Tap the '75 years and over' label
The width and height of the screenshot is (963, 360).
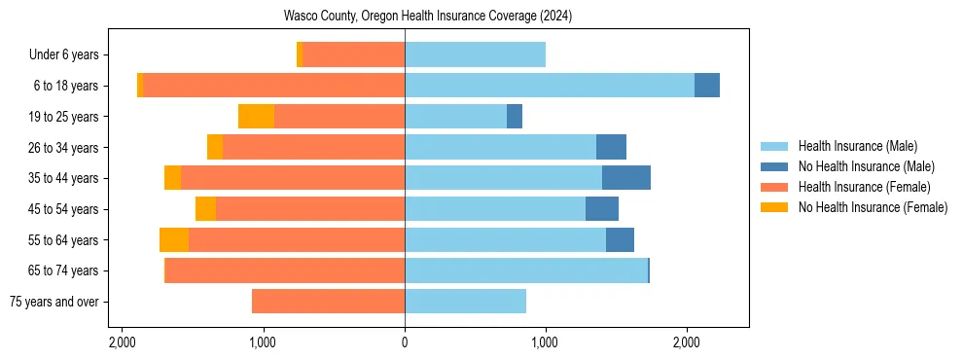tap(53, 302)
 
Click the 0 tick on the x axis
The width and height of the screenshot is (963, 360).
tap(405, 342)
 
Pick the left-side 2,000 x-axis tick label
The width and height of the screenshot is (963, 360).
tap(123, 342)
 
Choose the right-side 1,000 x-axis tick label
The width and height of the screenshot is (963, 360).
tap(545, 342)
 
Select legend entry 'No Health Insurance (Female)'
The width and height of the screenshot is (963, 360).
tap(873, 207)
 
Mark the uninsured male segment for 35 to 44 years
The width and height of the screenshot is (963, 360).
tap(626, 178)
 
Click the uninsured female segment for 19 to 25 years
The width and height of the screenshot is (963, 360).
tap(256, 117)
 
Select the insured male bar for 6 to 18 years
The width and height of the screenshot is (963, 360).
tap(550, 86)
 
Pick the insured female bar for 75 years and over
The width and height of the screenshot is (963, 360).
tap(328, 302)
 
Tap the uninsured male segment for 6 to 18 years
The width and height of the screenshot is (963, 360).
tap(707, 86)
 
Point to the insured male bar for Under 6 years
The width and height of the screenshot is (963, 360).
tap(475, 55)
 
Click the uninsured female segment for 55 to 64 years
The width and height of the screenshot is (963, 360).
tap(174, 239)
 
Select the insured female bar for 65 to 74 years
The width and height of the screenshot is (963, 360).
tap(285, 270)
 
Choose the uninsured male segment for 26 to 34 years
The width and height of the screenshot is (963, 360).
tap(611, 147)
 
